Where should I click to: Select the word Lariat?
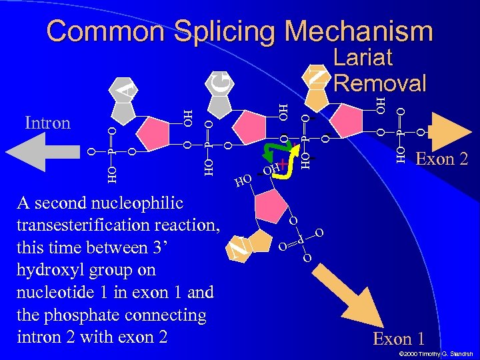coord(363,58)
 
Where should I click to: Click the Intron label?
coord(47,123)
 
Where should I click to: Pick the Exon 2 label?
coord(441,159)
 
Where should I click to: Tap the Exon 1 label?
coord(399,339)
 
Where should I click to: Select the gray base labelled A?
coord(124,87)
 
